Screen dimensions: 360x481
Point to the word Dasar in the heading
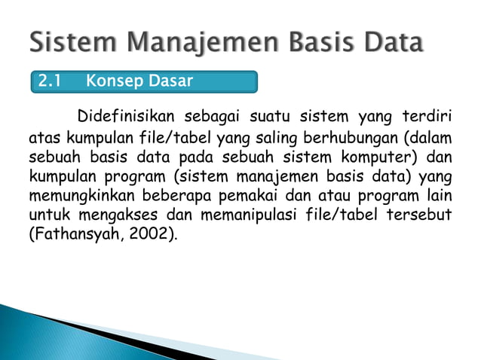[168, 81]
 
